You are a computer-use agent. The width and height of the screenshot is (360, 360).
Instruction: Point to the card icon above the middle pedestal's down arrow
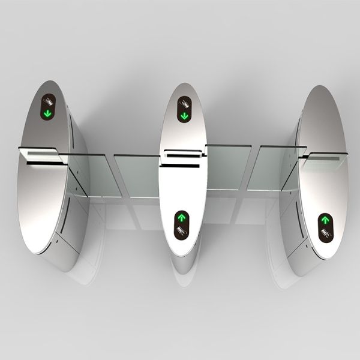(x=184, y=103)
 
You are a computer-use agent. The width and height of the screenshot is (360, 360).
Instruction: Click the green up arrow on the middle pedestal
(x=181, y=217)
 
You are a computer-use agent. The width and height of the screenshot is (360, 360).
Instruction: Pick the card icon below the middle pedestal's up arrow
(x=181, y=229)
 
